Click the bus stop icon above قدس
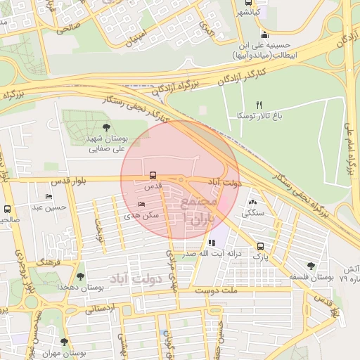click(x=153, y=176)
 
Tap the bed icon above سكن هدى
click(x=142, y=205)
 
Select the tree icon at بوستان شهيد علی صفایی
click(x=106, y=127)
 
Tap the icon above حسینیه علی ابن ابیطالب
click(x=264, y=35)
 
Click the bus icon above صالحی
click(x=7, y=209)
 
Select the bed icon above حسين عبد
click(x=49, y=197)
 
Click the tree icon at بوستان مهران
click(x=64, y=342)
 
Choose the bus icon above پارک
click(x=261, y=246)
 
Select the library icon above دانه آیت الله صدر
click(x=212, y=243)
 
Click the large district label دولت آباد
click(x=141, y=279)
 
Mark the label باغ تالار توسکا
click(x=259, y=115)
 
